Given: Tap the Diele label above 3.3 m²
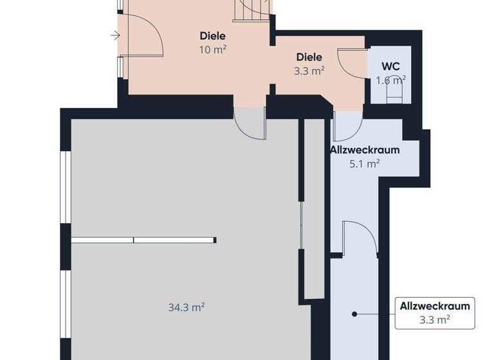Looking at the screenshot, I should click(309, 57).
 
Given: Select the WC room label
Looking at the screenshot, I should click(390, 66).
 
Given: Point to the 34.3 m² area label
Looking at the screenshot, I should click(187, 307).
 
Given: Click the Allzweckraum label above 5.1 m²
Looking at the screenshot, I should click(364, 150).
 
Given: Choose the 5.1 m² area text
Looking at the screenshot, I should click(364, 164).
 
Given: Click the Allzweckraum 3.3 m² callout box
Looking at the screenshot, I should click(434, 312).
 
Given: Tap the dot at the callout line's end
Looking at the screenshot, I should click(353, 314).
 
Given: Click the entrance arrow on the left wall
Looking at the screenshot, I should click(114, 35).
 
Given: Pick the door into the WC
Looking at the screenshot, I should click(352, 64).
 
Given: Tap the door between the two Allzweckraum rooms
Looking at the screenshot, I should click(359, 238).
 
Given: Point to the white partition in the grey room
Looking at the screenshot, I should click(143, 240).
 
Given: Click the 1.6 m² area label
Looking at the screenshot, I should click(390, 80).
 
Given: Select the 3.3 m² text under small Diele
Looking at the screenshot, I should click(309, 71).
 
